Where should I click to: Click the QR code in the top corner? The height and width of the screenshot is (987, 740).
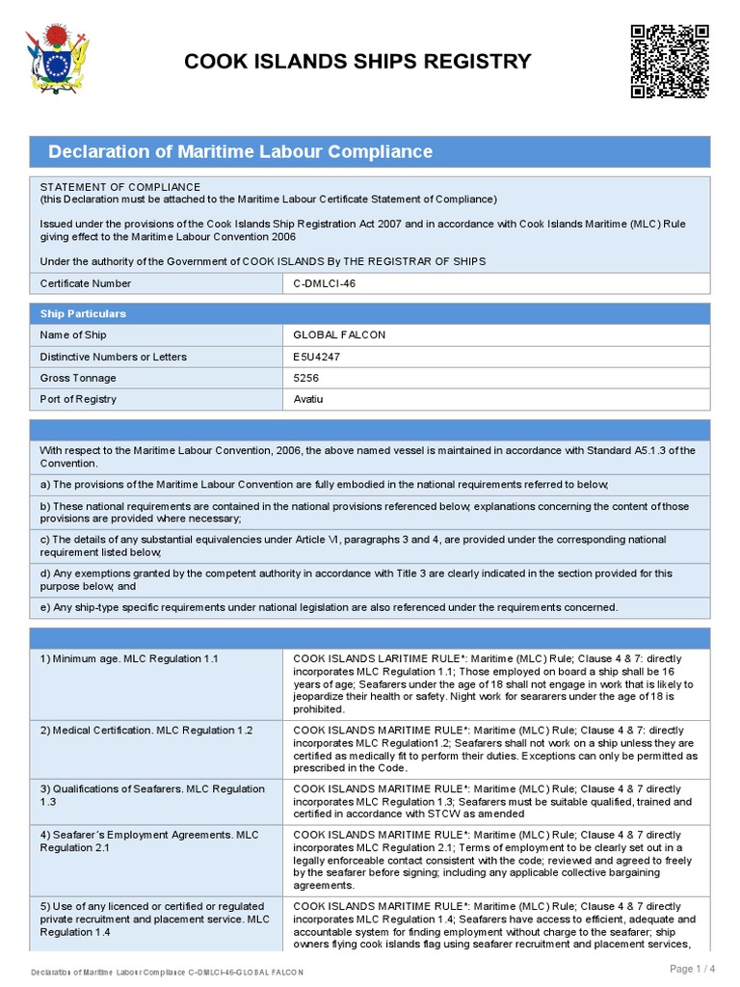[670, 62]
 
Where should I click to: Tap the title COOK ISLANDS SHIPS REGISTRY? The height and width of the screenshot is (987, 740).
[357, 62]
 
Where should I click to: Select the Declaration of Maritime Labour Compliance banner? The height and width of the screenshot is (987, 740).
[241, 151]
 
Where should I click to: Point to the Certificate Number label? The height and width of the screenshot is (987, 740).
[86, 283]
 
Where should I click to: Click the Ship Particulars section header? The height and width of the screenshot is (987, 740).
[83, 314]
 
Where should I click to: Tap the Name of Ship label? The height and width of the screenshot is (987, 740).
[73, 335]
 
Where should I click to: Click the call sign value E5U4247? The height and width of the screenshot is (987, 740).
[317, 357]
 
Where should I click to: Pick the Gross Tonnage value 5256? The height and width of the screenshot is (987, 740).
[306, 378]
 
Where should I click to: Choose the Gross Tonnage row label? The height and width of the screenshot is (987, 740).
[78, 378]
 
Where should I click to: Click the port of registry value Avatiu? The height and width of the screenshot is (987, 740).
[308, 399]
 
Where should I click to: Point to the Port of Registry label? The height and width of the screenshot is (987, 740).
[78, 399]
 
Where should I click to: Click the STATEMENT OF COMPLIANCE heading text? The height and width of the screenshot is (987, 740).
[120, 187]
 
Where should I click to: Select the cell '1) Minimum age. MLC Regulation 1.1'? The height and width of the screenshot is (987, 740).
[130, 658]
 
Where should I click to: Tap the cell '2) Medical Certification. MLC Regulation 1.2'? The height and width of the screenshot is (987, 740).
[145, 731]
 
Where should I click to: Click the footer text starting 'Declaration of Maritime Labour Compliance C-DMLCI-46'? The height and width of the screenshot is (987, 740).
[167, 972]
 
